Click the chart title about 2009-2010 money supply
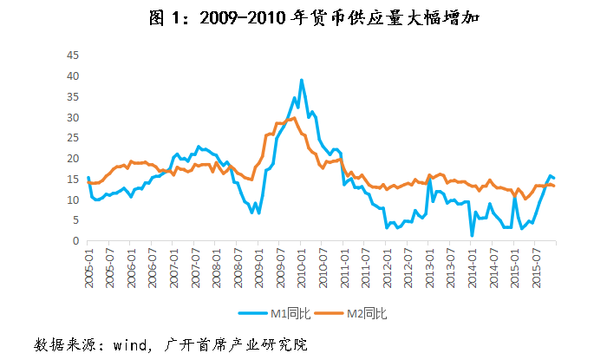(x=303, y=17)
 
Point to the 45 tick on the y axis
(x=75, y=56)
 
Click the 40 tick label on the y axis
(x=75, y=76)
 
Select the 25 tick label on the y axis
(x=75, y=138)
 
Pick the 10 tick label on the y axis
(x=75, y=200)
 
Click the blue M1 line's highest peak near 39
(x=301, y=81)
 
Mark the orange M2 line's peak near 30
(x=294, y=118)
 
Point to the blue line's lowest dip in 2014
(x=472, y=235)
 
